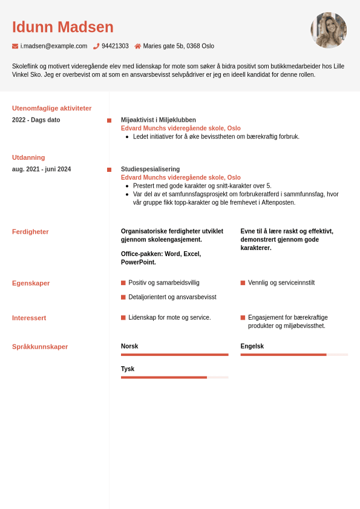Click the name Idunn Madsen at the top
point(62,27)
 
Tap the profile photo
point(329,30)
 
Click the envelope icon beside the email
point(15,46)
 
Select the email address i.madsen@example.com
point(54,46)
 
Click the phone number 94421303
point(115,46)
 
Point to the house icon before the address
point(137,46)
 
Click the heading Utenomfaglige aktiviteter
point(51,108)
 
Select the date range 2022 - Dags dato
point(36,120)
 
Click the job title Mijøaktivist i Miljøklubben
point(159,120)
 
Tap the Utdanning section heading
point(28,157)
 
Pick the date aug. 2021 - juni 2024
point(41,169)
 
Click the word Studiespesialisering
point(150,169)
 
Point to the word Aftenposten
point(278,202)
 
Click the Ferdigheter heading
point(30,232)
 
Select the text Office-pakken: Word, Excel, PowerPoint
point(161,258)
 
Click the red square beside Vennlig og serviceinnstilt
point(243,283)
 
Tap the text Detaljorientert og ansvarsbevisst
point(172,297)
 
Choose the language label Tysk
point(128,369)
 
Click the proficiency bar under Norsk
point(174,355)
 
